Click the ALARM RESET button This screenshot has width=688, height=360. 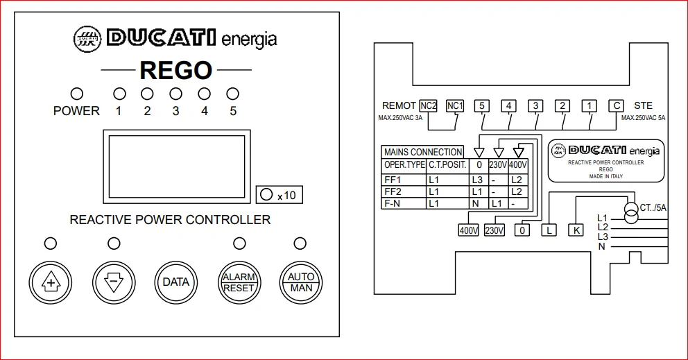(239, 282)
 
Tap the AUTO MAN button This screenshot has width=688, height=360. (301, 282)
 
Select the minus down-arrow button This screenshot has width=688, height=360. (114, 282)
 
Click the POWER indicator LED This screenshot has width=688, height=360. (77, 94)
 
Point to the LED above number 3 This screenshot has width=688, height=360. (175, 94)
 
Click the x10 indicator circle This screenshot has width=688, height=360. (266, 194)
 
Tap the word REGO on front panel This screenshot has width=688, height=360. (176, 70)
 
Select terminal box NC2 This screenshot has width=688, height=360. (428, 106)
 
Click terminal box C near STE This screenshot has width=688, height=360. (616, 106)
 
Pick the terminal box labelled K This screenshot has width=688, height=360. (576, 230)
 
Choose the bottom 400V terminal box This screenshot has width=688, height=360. (469, 230)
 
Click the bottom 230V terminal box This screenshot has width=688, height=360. (495, 230)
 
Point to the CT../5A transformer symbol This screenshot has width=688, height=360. (631, 213)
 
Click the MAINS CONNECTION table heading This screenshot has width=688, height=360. (423, 153)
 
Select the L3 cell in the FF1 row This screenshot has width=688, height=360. (477, 180)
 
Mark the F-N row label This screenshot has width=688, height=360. (392, 204)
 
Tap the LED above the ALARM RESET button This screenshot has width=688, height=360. (239, 243)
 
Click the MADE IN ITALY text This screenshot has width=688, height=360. (606, 176)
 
